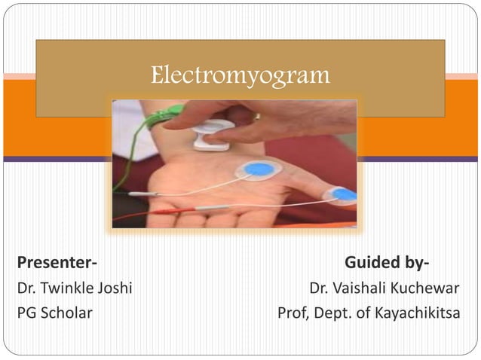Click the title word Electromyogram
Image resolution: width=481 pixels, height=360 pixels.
(240, 75)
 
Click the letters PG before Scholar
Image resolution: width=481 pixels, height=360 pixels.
(27, 313)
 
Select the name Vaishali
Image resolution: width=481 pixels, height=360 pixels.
(365, 288)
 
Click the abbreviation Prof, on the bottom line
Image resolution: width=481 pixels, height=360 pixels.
(295, 313)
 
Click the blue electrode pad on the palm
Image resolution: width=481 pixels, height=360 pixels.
(260, 169)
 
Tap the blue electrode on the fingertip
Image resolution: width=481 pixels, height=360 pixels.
(344, 194)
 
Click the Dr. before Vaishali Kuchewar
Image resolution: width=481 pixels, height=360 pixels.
(320, 288)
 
